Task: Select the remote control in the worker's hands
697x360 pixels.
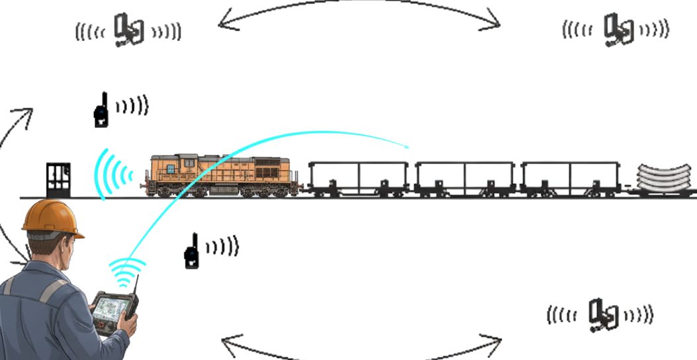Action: click(114, 311)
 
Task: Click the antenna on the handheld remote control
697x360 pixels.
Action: click(136, 286)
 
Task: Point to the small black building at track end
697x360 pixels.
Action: click(58, 179)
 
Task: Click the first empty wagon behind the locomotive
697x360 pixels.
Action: click(358, 177)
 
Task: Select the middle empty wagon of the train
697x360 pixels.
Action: click(464, 177)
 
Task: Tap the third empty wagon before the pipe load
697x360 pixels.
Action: click(570, 177)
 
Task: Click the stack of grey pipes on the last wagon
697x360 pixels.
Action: click(665, 177)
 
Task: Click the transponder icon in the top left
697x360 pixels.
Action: click(128, 30)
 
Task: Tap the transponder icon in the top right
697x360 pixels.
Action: click(618, 30)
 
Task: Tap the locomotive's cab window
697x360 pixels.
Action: click(171, 169)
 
